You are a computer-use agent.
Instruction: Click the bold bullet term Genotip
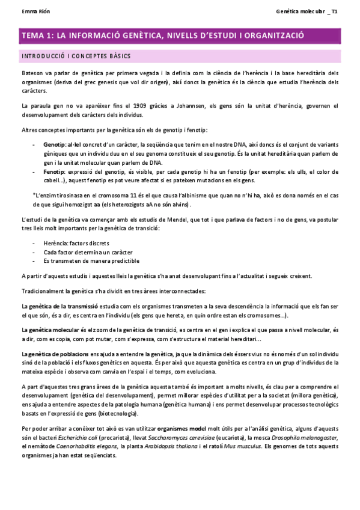coord(55,145)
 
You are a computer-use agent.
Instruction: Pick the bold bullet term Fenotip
coord(54,171)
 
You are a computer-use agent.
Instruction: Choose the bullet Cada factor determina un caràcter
coord(88,252)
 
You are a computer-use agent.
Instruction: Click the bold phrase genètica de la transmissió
coord(55,306)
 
